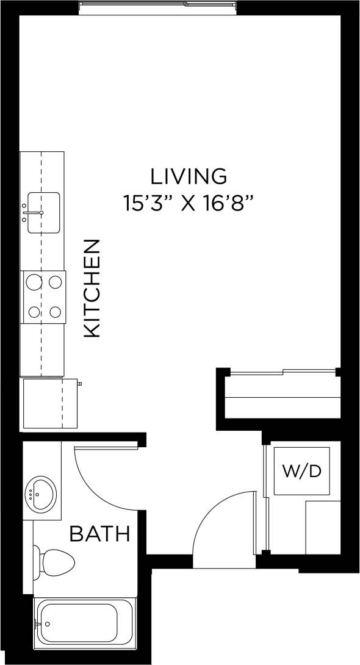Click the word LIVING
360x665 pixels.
coord(189,176)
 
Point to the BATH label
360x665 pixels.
coord(100,534)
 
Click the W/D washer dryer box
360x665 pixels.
coord(301,471)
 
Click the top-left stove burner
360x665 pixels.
coord(32,282)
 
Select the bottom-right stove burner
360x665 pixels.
coord(56,312)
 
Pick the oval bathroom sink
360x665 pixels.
coord(40,492)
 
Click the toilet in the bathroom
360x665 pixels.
coord(55,560)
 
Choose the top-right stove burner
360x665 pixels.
coord(56,282)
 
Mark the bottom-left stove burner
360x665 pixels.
coord(32,312)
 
